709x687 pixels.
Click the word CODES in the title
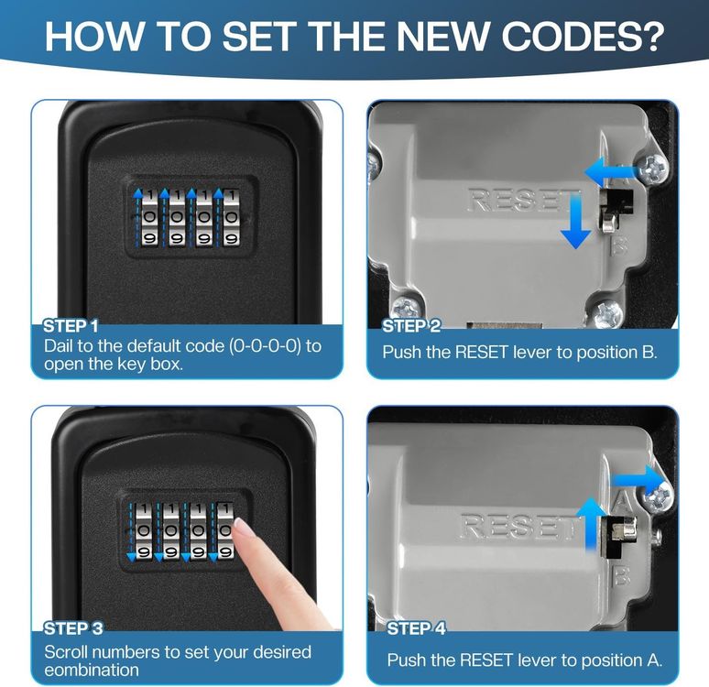pyautogui.click(x=583, y=35)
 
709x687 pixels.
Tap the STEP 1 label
pyautogui.click(x=71, y=326)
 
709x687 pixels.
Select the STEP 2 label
pyautogui.click(x=411, y=326)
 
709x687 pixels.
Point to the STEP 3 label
pyautogui.click(x=73, y=628)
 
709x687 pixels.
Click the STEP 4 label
pyautogui.click(x=416, y=628)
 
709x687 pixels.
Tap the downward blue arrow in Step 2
pyautogui.click(x=575, y=220)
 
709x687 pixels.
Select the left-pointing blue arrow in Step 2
pyautogui.click(x=611, y=172)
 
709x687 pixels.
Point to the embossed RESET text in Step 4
pyautogui.click(x=516, y=526)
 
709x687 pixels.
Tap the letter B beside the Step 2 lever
pyautogui.click(x=619, y=247)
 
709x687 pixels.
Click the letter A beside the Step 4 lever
pyautogui.click(x=622, y=500)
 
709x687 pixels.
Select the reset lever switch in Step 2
pyautogui.click(x=616, y=211)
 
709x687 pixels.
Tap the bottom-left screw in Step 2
pyautogui.click(x=405, y=310)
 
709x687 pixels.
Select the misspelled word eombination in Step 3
pyautogui.click(x=92, y=670)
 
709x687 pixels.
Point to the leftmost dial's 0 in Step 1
pyautogui.click(x=150, y=217)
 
